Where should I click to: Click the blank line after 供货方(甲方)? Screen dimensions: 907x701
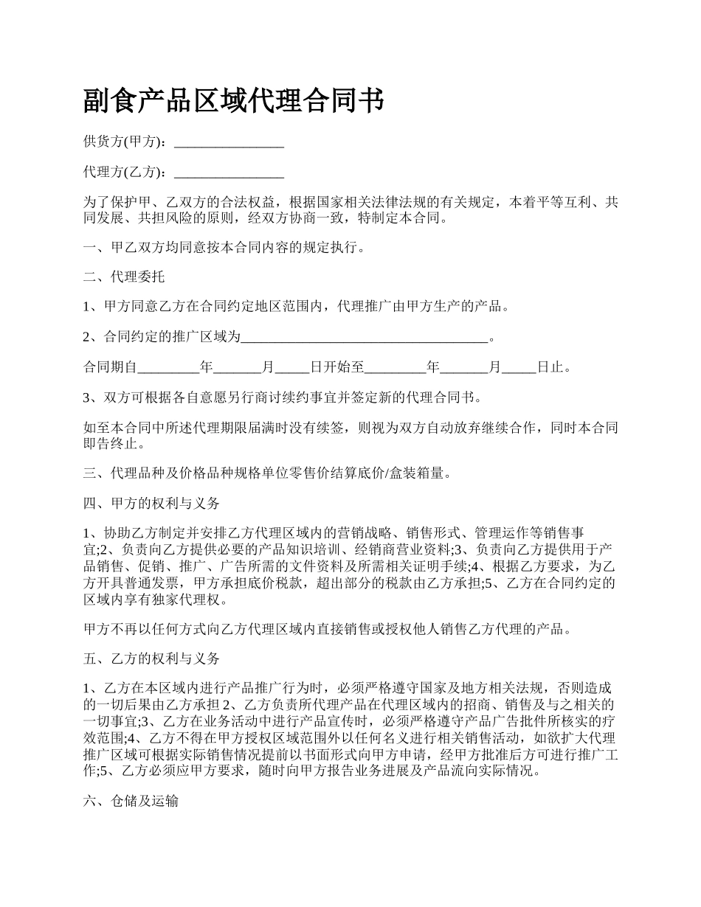click(229, 142)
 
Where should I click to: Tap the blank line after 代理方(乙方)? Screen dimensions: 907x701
click(229, 173)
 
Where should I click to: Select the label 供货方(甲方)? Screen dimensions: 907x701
click(126, 142)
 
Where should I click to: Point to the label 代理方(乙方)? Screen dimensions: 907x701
click(126, 172)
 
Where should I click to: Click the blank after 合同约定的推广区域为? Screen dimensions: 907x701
click(365, 338)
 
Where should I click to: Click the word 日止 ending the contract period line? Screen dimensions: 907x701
click(553, 367)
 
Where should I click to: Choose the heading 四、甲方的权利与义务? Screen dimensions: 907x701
click(152, 504)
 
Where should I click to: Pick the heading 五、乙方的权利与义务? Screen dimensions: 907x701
click(152, 658)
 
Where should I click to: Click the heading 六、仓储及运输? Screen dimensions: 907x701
click(131, 802)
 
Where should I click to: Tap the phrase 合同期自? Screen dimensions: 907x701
click(110, 367)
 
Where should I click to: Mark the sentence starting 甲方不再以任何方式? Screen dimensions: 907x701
click(328, 629)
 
